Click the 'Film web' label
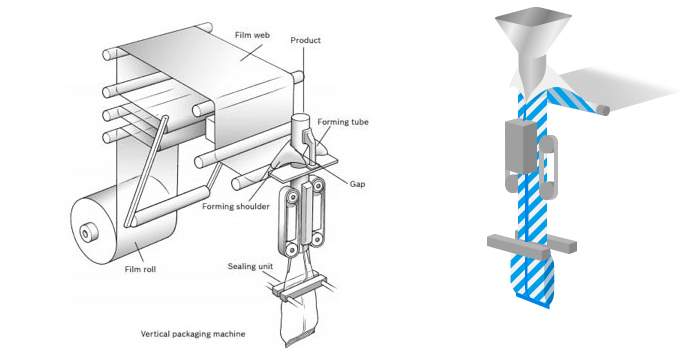(x=252, y=35)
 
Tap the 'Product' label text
(x=305, y=40)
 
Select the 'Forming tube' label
(x=343, y=122)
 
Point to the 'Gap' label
(x=357, y=184)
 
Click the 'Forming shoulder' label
(x=236, y=206)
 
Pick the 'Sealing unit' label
(x=250, y=266)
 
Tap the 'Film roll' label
(x=140, y=269)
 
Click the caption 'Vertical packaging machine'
(x=193, y=334)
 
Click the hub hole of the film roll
(x=85, y=234)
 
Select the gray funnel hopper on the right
(x=533, y=44)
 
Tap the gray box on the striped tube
(x=521, y=146)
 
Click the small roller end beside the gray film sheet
(x=604, y=110)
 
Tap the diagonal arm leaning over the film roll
(x=146, y=172)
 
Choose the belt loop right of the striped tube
(x=548, y=167)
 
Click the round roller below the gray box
(x=511, y=184)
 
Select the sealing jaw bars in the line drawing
(x=299, y=288)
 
